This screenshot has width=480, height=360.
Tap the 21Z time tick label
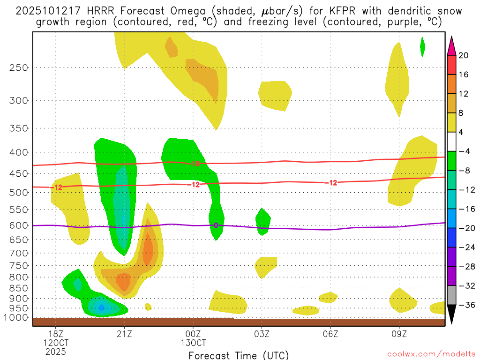(x=124, y=334)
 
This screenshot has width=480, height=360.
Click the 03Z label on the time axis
(x=262, y=334)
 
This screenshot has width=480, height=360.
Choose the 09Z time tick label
(x=399, y=334)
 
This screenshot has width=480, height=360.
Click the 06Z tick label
(x=330, y=334)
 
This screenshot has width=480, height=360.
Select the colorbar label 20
(x=464, y=55)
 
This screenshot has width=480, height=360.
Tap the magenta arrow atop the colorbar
(x=451, y=45)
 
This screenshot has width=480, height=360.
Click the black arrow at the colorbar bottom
(x=451, y=315)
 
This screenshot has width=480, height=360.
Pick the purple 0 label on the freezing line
(x=216, y=225)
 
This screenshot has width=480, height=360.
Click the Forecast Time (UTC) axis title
(x=239, y=355)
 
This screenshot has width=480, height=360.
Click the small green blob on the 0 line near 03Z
(x=262, y=221)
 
